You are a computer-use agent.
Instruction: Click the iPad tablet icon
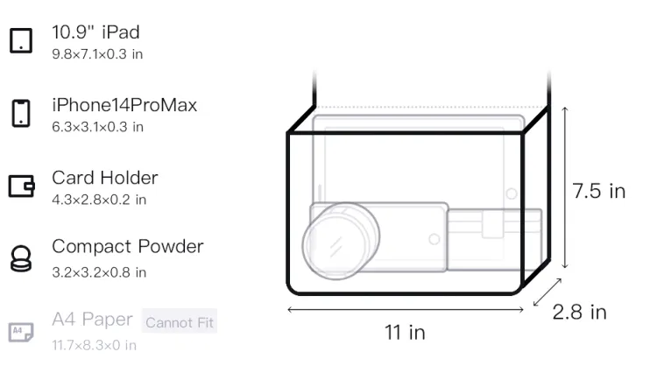point(21,40)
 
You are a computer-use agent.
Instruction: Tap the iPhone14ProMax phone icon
point(21,113)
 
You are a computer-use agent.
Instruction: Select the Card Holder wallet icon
point(21,186)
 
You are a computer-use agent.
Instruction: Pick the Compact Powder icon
point(21,258)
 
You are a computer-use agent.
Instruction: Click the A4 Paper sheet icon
point(21,332)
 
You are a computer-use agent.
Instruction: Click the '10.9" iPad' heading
point(96,32)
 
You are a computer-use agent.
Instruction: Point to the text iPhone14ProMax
point(124,105)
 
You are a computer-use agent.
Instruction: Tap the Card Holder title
point(105,178)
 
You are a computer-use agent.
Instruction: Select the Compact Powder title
point(128,247)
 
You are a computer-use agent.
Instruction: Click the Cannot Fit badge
point(180,321)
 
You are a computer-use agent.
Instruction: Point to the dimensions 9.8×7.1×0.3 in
point(97,54)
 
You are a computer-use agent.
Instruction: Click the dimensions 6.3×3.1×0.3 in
point(97,127)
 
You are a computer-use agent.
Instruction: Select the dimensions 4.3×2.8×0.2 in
point(99,200)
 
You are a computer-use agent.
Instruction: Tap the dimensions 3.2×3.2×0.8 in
point(99,272)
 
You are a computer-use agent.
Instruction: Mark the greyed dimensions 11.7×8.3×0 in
point(95,345)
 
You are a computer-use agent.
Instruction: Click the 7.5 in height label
point(599,191)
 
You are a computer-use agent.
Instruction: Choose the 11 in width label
point(406,333)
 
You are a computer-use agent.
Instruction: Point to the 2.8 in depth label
point(580,313)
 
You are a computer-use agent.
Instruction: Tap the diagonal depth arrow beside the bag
point(547,292)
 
